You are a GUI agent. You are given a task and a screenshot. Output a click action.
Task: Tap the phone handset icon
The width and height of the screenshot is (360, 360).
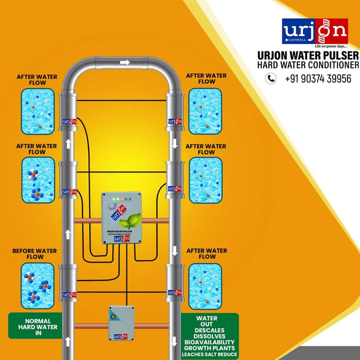point(271,78)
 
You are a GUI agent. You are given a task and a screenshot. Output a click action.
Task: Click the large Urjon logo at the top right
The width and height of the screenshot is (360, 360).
point(315,31)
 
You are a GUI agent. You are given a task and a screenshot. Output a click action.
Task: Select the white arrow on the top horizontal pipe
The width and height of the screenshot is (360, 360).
point(125,62)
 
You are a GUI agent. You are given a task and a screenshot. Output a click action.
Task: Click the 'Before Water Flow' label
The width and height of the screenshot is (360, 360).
point(35,254)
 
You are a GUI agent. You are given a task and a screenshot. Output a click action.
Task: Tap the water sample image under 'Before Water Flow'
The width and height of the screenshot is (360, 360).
point(37,285)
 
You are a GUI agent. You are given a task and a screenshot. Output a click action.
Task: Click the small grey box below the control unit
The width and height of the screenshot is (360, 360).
point(121,323)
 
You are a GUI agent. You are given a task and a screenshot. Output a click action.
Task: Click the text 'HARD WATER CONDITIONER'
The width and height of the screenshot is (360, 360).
point(308,65)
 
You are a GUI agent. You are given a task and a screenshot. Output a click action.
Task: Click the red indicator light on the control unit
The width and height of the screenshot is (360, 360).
point(121,200)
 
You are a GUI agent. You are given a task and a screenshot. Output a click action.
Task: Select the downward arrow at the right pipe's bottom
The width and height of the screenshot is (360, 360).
point(175,341)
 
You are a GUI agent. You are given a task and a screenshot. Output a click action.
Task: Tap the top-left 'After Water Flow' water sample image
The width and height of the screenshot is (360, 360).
point(37,111)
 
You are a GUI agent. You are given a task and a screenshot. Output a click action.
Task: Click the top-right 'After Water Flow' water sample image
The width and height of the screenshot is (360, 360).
point(205,111)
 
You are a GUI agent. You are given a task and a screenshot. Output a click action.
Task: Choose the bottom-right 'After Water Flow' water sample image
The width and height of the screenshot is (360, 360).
point(205,285)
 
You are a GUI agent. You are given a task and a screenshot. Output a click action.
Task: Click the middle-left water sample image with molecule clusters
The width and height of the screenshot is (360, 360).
point(37,180)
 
